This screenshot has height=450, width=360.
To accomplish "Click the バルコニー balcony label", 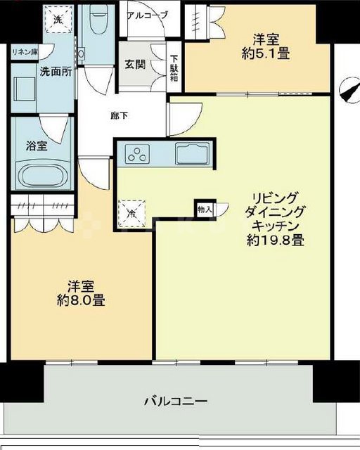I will pyautogui.click(x=175, y=401).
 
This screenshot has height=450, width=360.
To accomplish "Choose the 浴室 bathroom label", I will pyautogui.click(x=38, y=146).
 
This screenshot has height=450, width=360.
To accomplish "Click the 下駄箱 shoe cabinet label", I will pyautogui.click(x=174, y=68).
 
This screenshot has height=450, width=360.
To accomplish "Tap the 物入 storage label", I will pyautogui.click(x=204, y=209).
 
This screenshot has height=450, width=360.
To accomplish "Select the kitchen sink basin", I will pyautogui.click(x=190, y=153).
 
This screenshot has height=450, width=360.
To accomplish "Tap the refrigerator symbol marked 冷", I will pyautogui.click(x=131, y=214).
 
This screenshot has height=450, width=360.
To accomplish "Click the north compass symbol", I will pyautogui.click(x=345, y=91).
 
